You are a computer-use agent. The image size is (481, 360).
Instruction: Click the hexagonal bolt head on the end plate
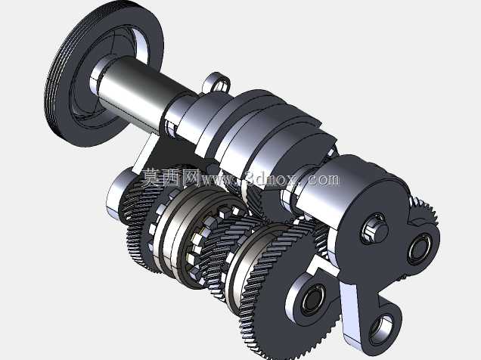pos(375,229)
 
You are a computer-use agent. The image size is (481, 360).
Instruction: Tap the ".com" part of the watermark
pos(322,178)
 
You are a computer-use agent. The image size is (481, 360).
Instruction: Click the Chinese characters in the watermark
pos(170,177)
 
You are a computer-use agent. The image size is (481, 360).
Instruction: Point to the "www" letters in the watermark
pos(220,180)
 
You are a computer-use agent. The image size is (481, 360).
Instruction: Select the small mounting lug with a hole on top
pos(217,82)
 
